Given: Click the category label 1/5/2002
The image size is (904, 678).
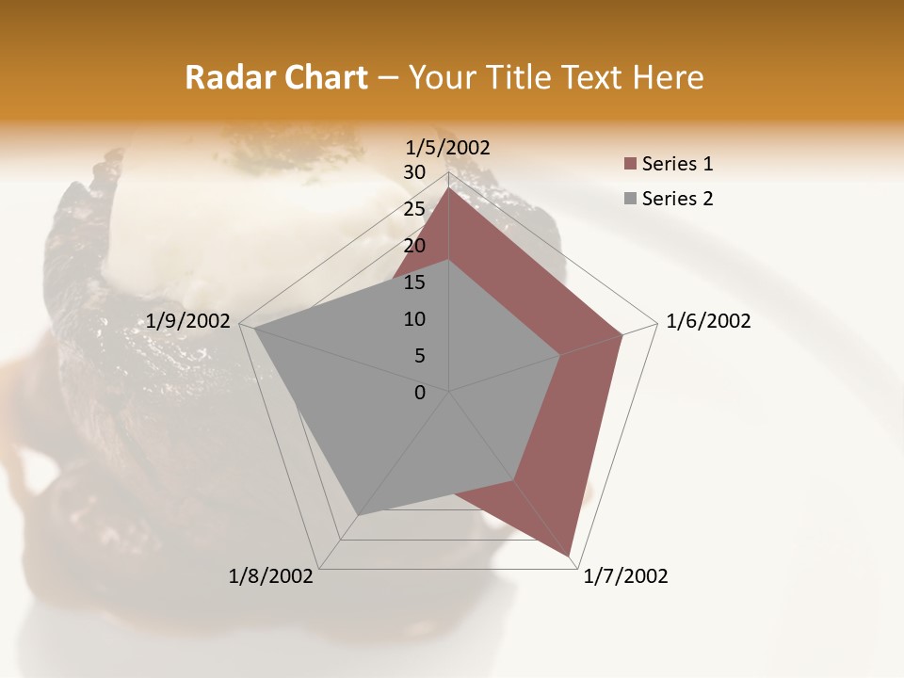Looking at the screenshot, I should (x=448, y=148).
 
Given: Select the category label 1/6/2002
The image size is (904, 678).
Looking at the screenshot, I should (x=708, y=321).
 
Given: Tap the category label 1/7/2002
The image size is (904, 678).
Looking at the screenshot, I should (x=625, y=576).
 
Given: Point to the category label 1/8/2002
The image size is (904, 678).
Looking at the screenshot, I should (x=271, y=576).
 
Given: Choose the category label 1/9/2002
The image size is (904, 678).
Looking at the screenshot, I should (x=188, y=321).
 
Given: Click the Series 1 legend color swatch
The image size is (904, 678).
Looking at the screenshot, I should (x=630, y=165).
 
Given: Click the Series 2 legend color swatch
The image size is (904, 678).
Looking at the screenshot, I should (x=630, y=199).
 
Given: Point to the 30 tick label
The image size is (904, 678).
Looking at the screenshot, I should (x=414, y=172).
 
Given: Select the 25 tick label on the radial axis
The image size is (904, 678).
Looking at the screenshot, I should (x=414, y=209).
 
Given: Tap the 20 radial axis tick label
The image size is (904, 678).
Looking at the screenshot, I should (x=414, y=246).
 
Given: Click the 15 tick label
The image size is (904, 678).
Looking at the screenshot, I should (x=414, y=282).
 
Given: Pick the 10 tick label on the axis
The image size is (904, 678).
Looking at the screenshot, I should (x=414, y=319).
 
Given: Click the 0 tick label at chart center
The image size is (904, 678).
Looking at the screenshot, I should (x=420, y=393).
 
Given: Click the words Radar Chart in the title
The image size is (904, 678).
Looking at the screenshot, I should (x=276, y=77).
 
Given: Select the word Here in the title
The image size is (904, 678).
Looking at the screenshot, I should (x=668, y=77).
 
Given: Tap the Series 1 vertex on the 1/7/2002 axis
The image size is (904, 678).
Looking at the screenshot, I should (x=571, y=556).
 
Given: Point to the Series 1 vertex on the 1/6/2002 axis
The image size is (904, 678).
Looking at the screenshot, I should (x=622, y=334).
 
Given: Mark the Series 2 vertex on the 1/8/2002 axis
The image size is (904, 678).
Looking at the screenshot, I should (x=359, y=514).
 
